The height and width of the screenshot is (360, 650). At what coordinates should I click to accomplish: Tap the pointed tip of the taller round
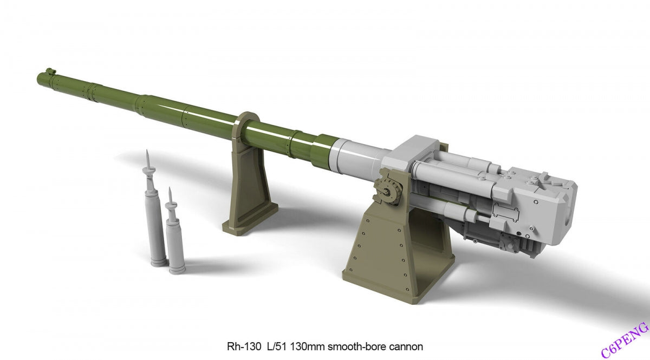point(147,150)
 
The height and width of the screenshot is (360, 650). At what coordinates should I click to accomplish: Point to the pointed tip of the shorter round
point(170,188)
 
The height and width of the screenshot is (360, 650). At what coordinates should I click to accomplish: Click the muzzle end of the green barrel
point(41,78)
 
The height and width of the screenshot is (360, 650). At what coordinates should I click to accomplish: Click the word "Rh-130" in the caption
point(244,346)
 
